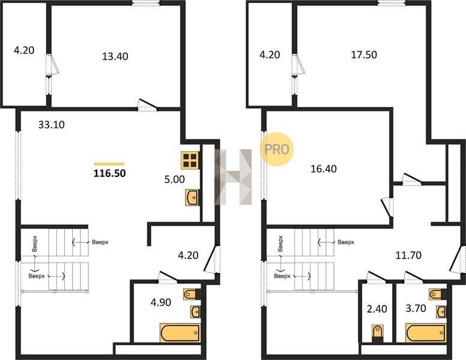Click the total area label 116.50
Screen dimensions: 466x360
point(110,173)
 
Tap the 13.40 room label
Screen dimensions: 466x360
point(115,56)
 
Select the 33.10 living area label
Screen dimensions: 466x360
point(52,124)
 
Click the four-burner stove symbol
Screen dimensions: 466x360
point(190,160)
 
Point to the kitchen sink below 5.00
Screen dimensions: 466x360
point(192,197)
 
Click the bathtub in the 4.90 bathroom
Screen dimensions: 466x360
point(180,332)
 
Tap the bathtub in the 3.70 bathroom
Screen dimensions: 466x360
point(426,332)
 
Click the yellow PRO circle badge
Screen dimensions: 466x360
point(277,149)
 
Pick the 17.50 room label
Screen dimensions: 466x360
point(364,55)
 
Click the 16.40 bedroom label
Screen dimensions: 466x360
point(324,169)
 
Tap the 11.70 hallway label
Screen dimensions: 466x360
point(408,255)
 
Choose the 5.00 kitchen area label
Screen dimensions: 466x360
point(175,179)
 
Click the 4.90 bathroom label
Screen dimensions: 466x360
point(161,302)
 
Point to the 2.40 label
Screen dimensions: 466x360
point(377,309)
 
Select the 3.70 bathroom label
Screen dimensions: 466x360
point(416,308)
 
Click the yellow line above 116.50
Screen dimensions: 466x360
point(109,164)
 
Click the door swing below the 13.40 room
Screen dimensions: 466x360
point(148,105)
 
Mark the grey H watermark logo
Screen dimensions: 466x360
point(233,177)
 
